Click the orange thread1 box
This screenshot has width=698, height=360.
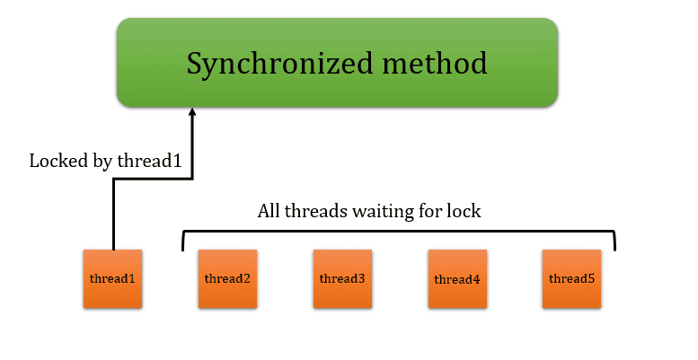tap(112, 279)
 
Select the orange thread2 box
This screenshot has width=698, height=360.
tap(227, 279)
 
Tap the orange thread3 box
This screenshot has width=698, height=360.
tap(342, 279)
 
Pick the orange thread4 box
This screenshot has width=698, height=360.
tap(456, 279)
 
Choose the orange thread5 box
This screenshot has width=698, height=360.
tap(571, 279)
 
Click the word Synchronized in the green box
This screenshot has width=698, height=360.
tap(278, 64)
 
